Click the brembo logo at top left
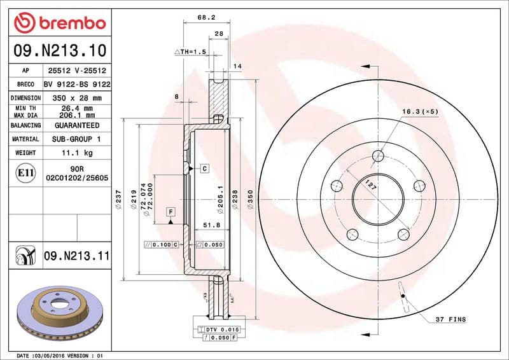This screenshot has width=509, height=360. click(59, 22)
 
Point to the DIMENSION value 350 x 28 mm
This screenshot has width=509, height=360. click(77, 98)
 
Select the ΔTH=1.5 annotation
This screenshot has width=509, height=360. click(190, 51)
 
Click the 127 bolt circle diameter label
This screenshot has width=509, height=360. click(368, 186)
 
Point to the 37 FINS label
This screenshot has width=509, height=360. click(450, 319)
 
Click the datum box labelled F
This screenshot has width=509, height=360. click(171, 211)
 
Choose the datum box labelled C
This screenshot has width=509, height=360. click(204, 169)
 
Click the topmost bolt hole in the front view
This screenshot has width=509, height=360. click(378, 156)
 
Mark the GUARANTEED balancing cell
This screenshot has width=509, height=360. click(77, 125)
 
